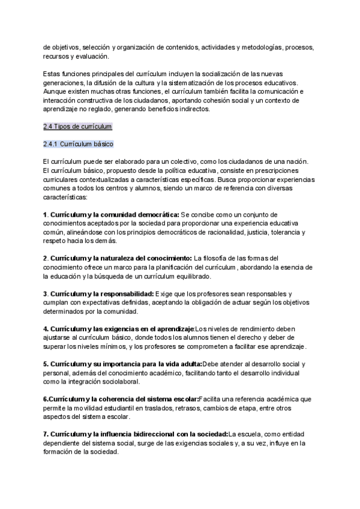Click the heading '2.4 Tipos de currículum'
pyautogui.click(x=77, y=127)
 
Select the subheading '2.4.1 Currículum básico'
pyautogui.click(x=78, y=145)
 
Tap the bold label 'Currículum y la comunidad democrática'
pyautogui.click(x=113, y=214)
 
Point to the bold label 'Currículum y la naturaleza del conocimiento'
pyautogui.click(x=121, y=259)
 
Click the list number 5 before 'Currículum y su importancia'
pyautogui.click(x=46, y=364)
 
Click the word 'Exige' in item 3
pyautogui.click(x=164, y=294)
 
